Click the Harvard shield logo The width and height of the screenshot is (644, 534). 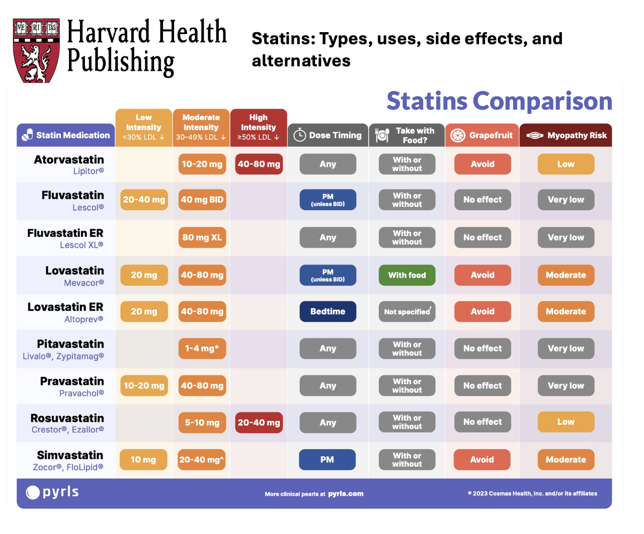tap(36, 50)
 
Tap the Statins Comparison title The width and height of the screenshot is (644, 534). tap(499, 101)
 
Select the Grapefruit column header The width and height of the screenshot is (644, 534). tap(482, 135)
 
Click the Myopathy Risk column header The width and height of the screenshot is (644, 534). tap(566, 135)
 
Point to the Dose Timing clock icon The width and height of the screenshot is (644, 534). tap(300, 135)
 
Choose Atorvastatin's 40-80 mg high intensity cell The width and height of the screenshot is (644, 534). tap(259, 164)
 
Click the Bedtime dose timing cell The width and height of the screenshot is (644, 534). tap(328, 312)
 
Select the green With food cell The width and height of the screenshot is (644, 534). tap(407, 275)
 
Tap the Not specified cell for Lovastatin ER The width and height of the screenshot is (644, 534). tap(407, 312)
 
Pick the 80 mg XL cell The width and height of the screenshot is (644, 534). tap(202, 237)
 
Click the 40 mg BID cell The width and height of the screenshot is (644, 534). tap(202, 200)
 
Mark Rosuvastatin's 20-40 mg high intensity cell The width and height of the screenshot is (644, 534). tap(259, 423)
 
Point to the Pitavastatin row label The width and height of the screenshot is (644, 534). tap(70, 344)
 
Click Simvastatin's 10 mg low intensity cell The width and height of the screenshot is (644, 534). tap(143, 460)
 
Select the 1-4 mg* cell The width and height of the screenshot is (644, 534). tap(202, 348)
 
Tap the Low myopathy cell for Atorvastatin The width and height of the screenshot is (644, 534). tap(566, 164)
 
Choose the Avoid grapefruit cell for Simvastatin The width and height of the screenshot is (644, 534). tap(482, 460)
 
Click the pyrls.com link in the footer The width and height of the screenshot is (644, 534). tap(346, 494)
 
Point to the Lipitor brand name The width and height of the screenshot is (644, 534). tap(89, 171)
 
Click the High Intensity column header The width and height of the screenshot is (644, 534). tap(259, 127)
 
